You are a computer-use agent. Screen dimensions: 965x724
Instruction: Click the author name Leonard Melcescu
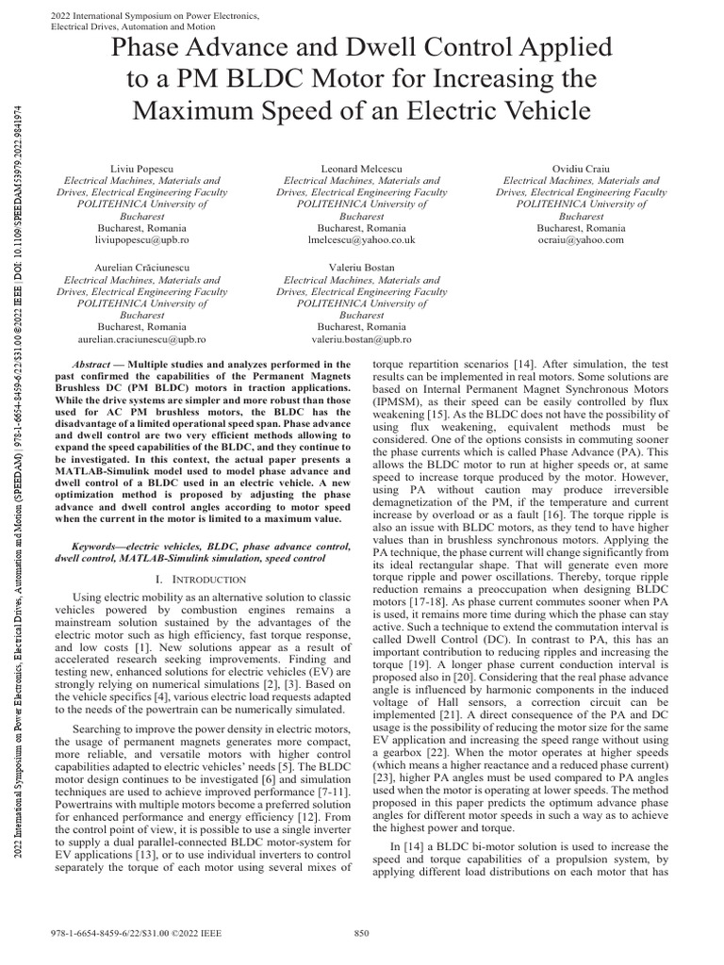[362, 167]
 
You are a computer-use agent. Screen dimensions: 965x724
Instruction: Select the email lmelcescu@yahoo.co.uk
[362, 240]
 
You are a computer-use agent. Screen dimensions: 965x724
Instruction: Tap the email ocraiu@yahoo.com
[581, 240]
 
